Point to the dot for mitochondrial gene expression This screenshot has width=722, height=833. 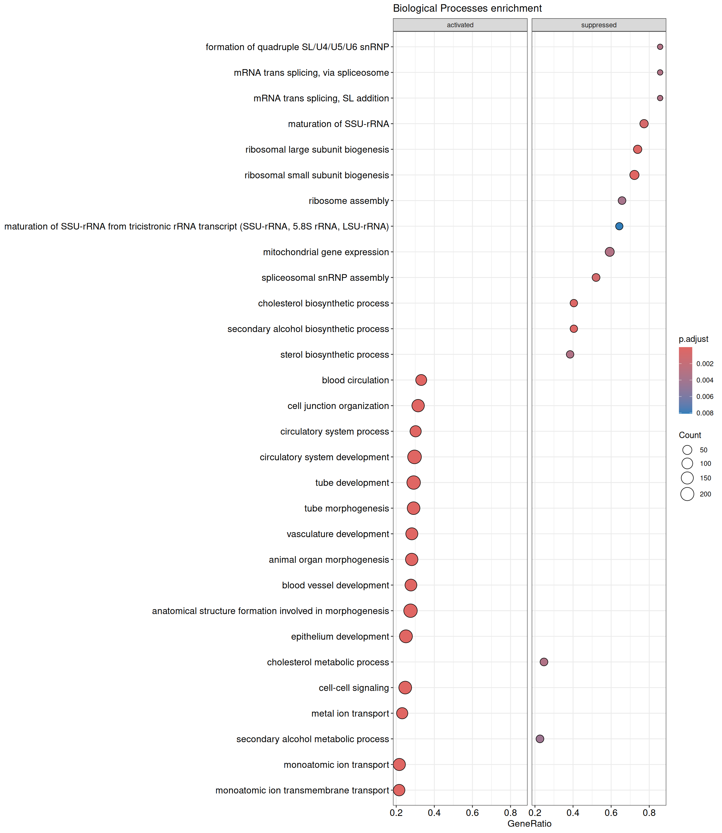[x=609, y=252]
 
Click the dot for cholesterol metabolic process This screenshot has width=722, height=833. [x=544, y=662]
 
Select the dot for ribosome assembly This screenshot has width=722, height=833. [x=622, y=201]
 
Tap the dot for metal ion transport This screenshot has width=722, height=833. [x=402, y=713]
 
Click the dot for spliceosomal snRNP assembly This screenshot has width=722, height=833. [x=596, y=278]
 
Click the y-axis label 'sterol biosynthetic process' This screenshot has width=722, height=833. [x=334, y=355]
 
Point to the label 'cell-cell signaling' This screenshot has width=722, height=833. [x=353, y=688]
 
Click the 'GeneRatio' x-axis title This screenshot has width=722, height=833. [x=529, y=823]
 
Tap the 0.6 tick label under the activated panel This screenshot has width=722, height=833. [x=472, y=813]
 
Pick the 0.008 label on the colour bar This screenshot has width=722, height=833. [x=705, y=413]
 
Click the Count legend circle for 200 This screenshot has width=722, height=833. [x=687, y=494]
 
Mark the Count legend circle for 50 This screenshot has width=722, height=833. [x=687, y=450]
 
